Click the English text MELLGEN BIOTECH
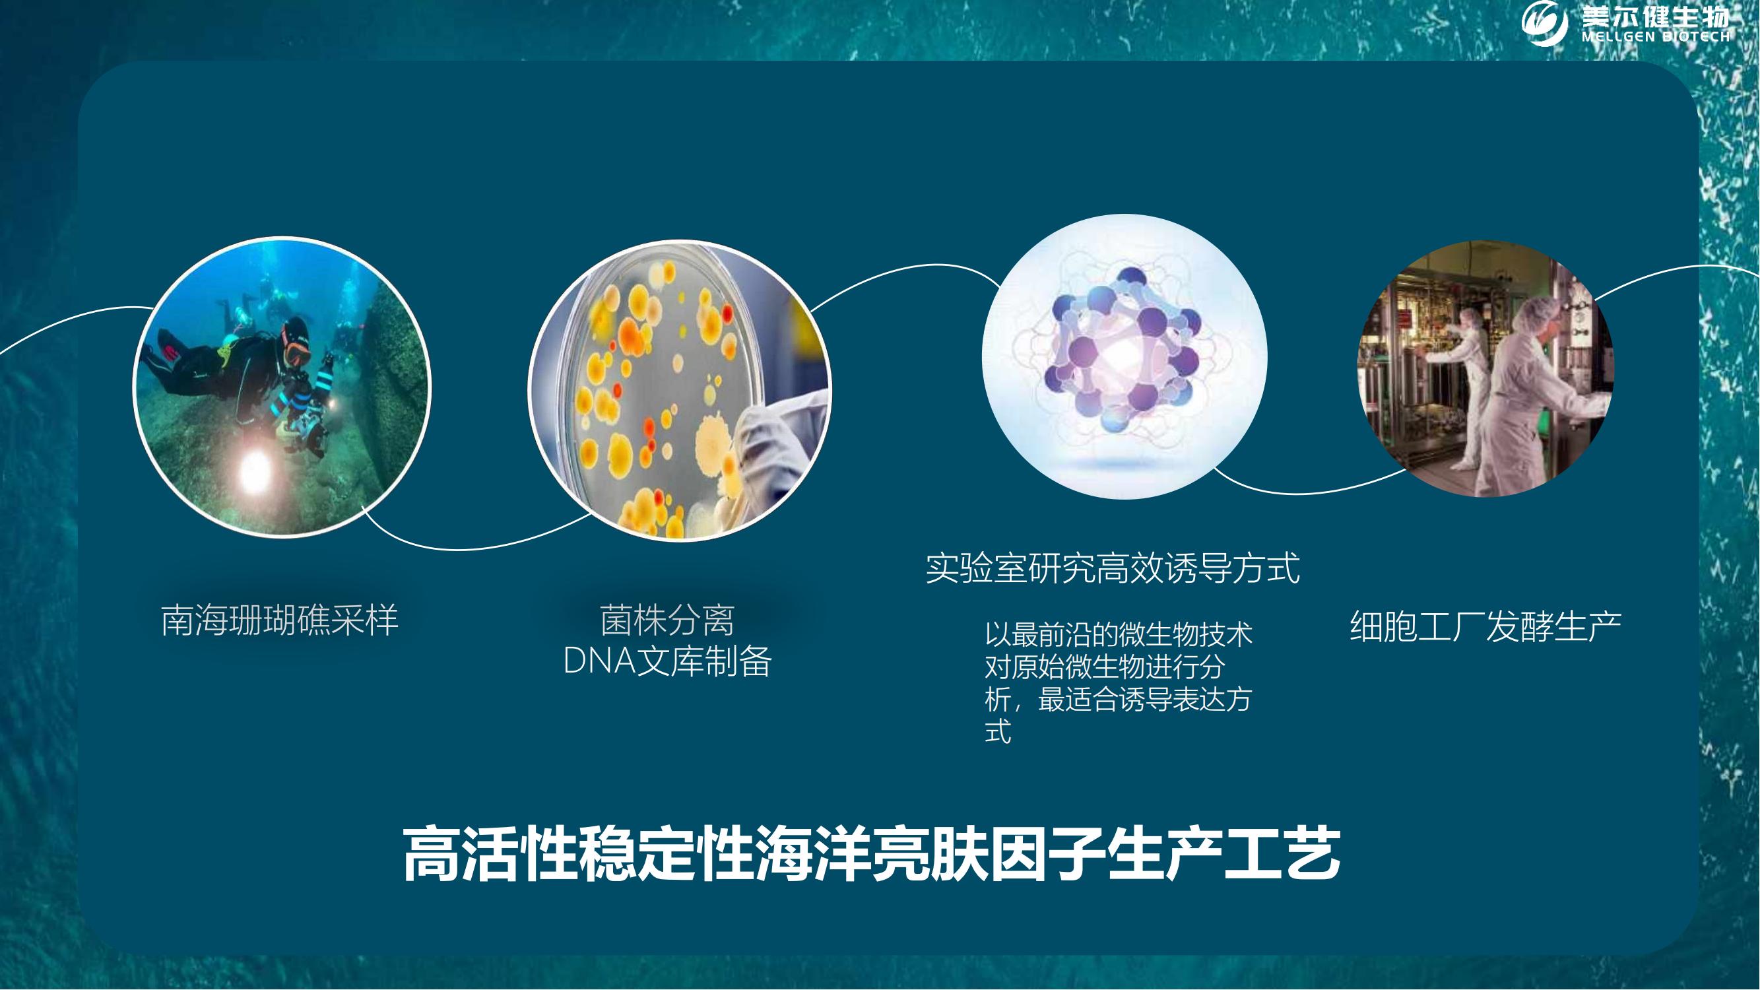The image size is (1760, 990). [1656, 37]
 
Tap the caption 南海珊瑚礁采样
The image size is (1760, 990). [279, 620]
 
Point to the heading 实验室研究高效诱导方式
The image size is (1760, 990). [1113, 568]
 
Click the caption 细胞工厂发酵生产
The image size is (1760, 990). [1485, 626]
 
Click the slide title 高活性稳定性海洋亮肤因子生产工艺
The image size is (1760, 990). [871, 854]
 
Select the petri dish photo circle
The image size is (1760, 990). [680, 390]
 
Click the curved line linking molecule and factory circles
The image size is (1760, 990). [1309, 490]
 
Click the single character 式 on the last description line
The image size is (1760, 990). [998, 732]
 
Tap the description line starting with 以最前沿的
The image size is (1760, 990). [1119, 635]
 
